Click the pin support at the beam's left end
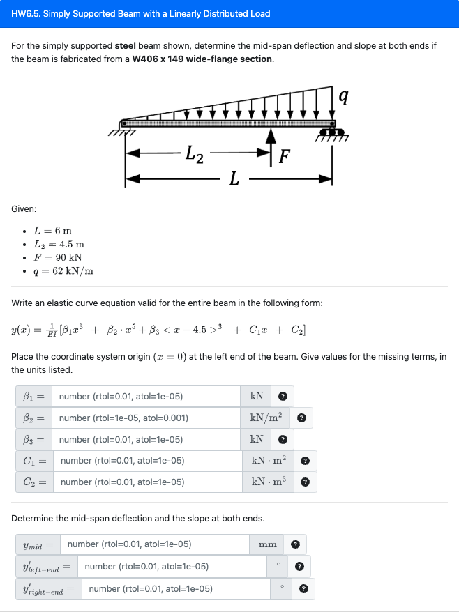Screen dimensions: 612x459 pos(126,126)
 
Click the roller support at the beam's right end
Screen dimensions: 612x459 pos(333,131)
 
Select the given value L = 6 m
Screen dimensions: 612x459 pos(53,231)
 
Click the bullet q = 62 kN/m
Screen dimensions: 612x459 pos(63,271)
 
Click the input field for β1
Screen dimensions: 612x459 pos(146,397)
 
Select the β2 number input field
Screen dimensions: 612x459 pos(146,418)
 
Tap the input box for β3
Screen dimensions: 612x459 pos(146,439)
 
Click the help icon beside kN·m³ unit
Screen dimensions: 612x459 pos(304,482)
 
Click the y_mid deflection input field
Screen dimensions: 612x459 pos(154,544)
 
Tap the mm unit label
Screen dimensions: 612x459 pos(268,544)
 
